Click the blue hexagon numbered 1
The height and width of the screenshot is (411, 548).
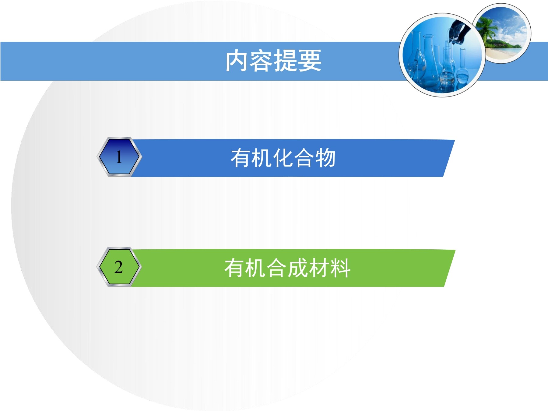click(119, 157)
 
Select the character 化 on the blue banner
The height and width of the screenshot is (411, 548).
click(283, 158)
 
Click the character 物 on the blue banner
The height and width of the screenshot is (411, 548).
click(325, 158)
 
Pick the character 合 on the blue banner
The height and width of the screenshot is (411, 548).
click(304, 158)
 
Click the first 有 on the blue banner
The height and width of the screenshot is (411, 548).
click(241, 158)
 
